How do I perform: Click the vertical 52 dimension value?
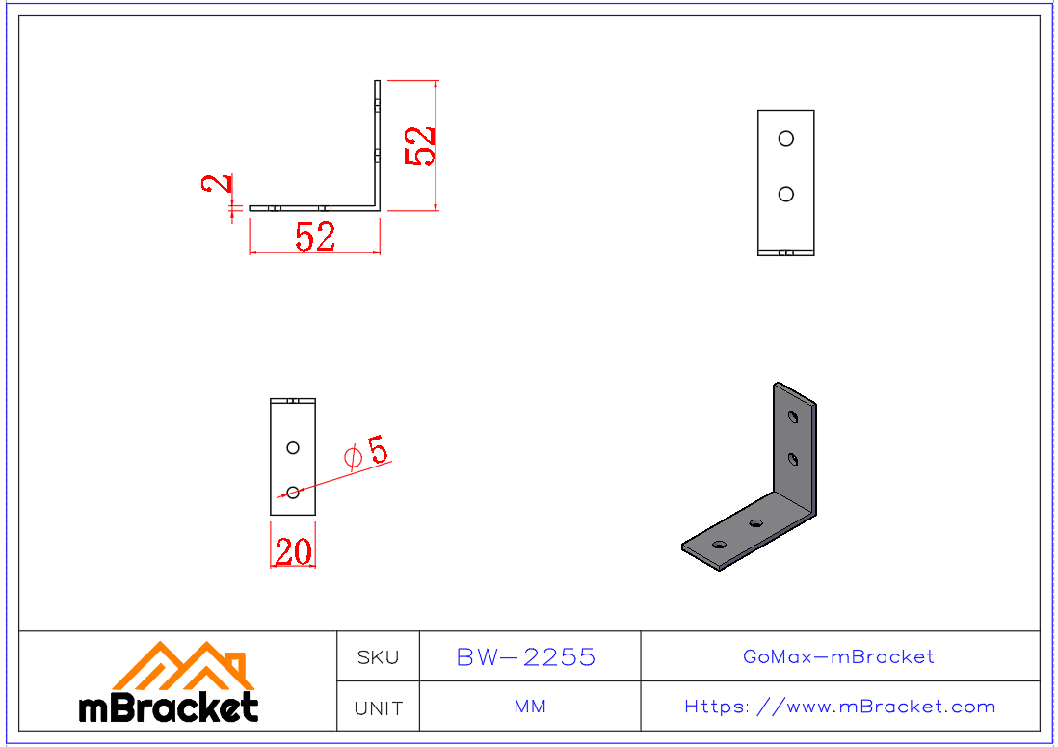click(421, 147)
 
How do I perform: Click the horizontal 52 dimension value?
click(315, 236)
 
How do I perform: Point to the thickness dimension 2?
click(219, 183)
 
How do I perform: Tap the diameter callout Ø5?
click(366, 452)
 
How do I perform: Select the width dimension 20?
click(293, 552)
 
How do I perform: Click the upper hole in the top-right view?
click(786, 138)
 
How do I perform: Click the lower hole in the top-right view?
click(786, 194)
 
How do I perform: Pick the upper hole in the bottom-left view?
click(293, 447)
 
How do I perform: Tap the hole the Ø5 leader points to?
click(293, 493)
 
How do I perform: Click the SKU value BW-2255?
click(526, 657)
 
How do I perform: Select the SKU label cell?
click(378, 657)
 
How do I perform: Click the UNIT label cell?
click(378, 708)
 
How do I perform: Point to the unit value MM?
click(530, 707)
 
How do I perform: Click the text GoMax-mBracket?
click(838, 657)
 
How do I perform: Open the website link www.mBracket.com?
click(840, 707)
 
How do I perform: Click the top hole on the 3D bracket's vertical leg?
click(792, 417)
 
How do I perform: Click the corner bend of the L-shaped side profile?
click(378, 205)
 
